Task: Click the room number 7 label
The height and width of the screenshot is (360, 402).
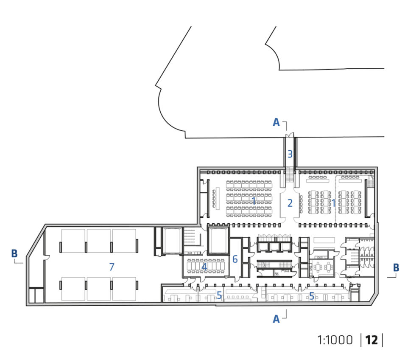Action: (112, 267)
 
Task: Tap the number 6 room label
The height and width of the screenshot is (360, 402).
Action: (235, 259)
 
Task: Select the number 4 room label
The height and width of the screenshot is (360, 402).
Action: (204, 267)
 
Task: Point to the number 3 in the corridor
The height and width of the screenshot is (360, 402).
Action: (290, 154)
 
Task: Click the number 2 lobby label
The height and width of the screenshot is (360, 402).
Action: (290, 203)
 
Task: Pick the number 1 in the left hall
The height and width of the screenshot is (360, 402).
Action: (254, 201)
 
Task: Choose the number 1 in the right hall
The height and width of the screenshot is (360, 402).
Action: (333, 203)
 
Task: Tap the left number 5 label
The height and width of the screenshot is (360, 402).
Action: (219, 295)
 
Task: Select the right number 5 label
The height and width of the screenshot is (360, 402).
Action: (312, 296)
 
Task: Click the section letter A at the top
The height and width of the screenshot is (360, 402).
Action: (276, 122)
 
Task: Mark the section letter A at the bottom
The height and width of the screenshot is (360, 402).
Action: (276, 319)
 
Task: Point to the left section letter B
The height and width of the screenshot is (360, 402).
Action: (14, 253)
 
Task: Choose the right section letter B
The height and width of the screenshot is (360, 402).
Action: (396, 267)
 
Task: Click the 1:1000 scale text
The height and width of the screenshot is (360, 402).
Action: (335, 340)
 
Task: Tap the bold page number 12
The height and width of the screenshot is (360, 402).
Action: (371, 340)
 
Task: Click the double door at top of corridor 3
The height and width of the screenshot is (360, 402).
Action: (290, 135)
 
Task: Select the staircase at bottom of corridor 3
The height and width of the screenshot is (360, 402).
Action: (290, 174)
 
